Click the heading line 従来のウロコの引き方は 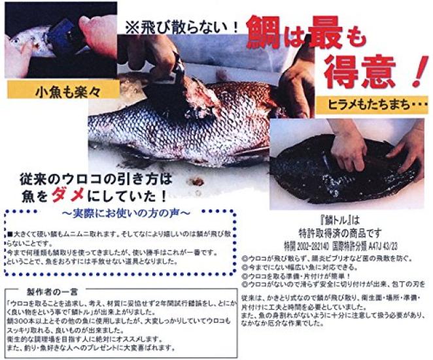[97, 177]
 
